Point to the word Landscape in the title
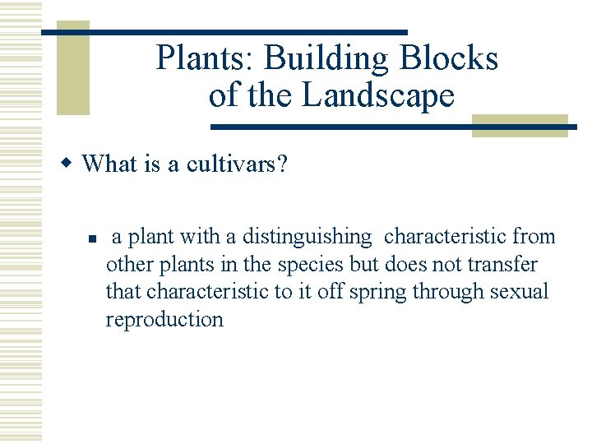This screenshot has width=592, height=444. [378, 95]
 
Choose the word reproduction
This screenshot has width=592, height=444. [164, 320]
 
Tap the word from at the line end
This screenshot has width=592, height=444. [534, 238]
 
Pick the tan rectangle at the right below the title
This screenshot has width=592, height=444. [520, 126]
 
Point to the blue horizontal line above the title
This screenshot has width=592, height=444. [224, 31]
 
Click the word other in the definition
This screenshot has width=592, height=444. [124, 265]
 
